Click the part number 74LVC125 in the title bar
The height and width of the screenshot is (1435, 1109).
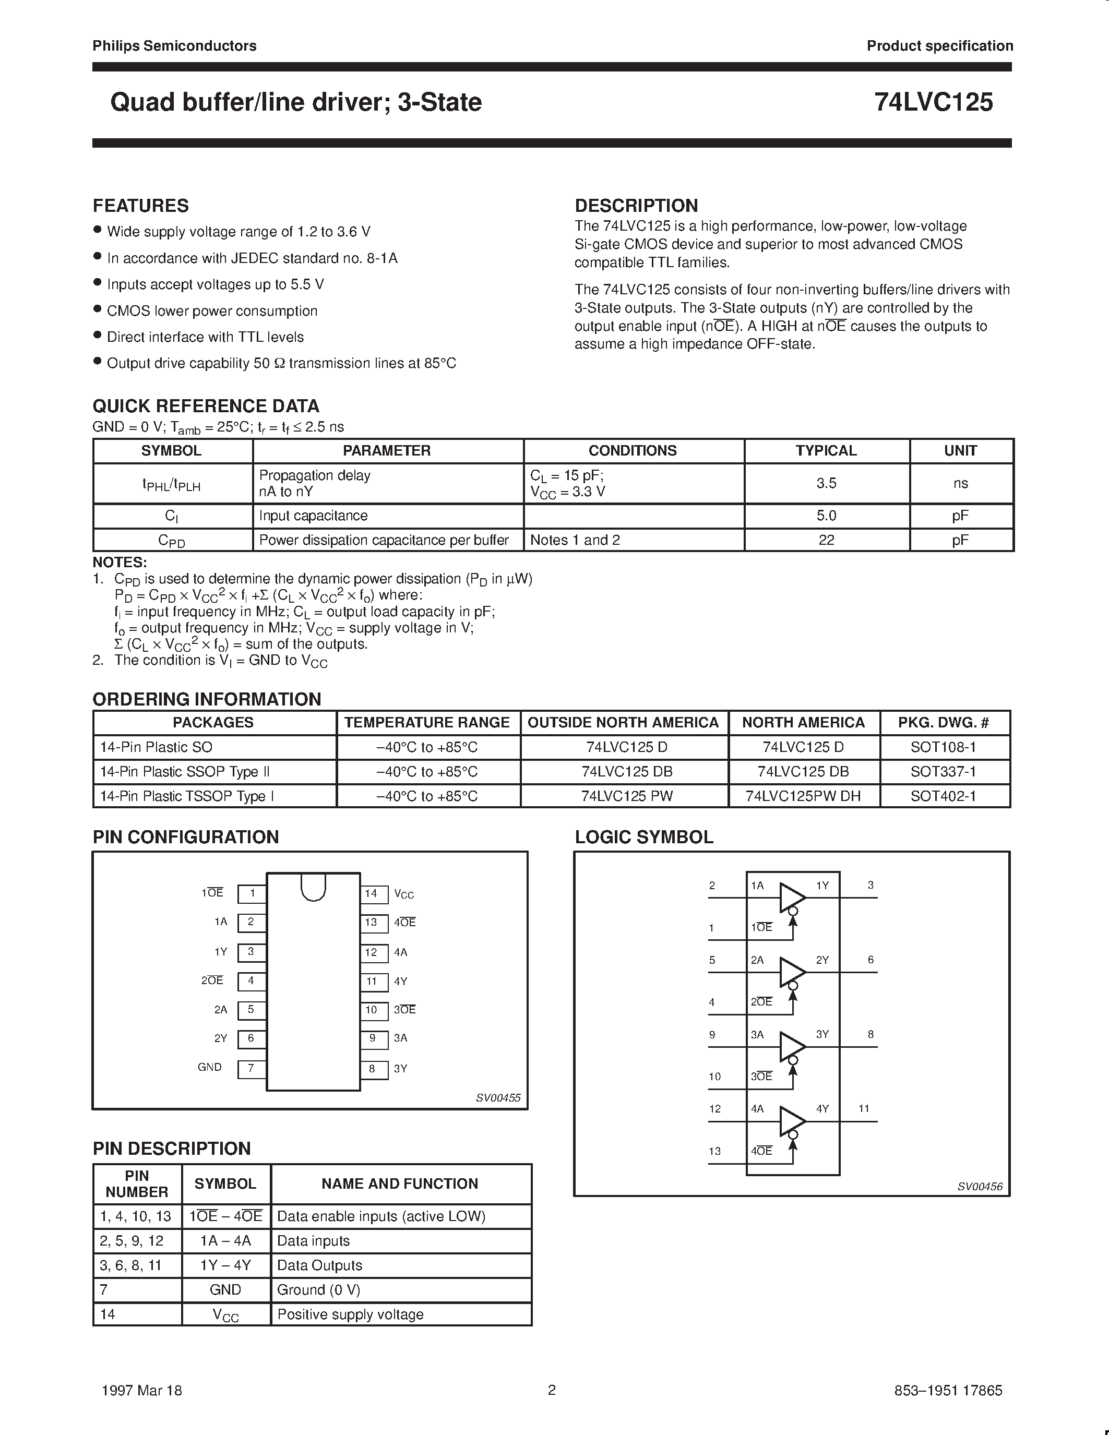933,102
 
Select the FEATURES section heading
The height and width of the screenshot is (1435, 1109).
140,206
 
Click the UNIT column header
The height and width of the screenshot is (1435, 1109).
960,451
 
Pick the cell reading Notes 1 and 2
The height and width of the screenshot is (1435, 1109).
575,540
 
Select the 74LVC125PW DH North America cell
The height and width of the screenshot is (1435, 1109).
803,796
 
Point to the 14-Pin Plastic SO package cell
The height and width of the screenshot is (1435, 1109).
157,747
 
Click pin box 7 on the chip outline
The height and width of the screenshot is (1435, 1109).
251,1068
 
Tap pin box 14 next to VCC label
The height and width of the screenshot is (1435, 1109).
371,893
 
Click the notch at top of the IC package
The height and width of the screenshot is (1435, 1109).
313,887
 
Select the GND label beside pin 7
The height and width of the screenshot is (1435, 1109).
210,1067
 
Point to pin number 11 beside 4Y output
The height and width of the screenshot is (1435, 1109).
864,1108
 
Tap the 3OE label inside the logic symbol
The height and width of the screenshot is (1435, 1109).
761,1076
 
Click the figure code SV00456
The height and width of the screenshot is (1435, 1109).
980,1187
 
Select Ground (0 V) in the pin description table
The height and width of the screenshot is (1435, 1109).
319,1290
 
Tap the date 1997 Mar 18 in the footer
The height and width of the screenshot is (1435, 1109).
142,1390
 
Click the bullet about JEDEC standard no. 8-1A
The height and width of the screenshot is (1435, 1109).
252,258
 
